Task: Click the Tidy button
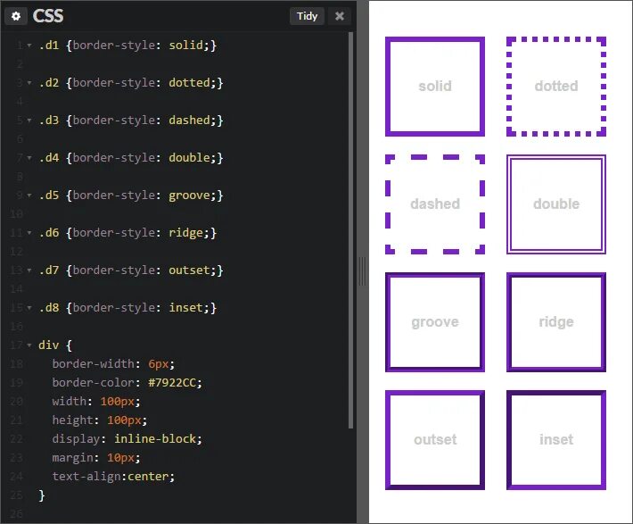click(307, 16)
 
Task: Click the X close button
click(339, 16)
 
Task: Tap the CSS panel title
click(48, 16)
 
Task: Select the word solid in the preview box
click(435, 87)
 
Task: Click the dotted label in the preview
click(556, 87)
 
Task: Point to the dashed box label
click(435, 204)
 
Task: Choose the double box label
click(556, 204)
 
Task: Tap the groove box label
click(435, 322)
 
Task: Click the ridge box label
click(556, 322)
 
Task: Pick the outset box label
click(435, 440)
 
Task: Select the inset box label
click(556, 440)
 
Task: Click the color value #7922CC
click(176, 383)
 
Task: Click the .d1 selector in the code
click(48, 45)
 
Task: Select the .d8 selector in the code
click(48, 307)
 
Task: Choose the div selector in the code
click(48, 345)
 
